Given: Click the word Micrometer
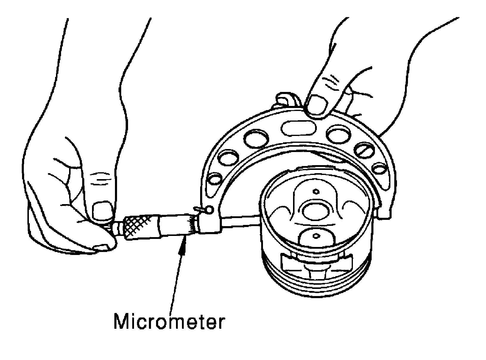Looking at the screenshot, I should (x=168, y=322).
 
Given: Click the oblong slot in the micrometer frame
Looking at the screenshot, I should (x=297, y=128).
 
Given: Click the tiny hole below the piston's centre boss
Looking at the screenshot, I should (x=316, y=236).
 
